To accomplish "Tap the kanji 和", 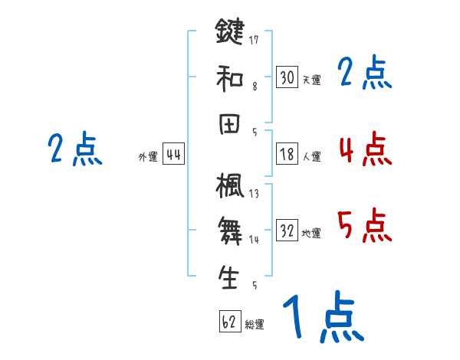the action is pos(229,77).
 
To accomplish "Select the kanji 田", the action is pos(229,125).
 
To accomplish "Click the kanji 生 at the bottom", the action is pos(229,277).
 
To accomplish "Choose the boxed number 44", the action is pos(173,155).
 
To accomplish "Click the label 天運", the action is pos(311,79).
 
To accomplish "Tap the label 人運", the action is pos(311,156).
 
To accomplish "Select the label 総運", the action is pos(255,325).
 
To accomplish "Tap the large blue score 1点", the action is pos(322,319).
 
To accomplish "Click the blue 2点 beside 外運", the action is pos(75,149).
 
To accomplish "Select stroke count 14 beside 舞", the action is pos(253,240).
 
